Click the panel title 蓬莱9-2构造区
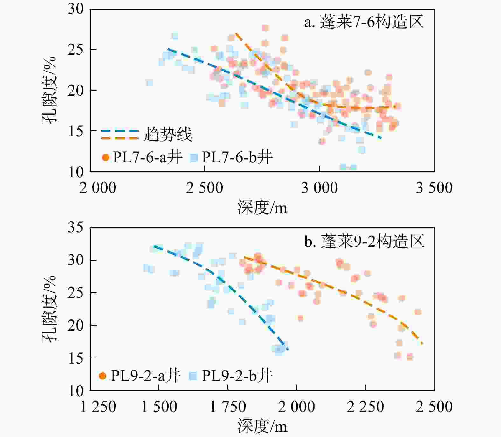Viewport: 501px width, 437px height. tap(365, 242)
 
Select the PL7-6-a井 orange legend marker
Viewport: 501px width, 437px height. tap(106, 157)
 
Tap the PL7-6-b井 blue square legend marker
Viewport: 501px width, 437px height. tap(194, 157)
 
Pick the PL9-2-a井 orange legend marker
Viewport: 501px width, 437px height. tap(102, 376)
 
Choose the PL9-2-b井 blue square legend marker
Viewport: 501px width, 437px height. tap(193, 376)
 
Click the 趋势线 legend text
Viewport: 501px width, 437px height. tap(168, 135)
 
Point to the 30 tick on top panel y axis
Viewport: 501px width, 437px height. tap(76, 9)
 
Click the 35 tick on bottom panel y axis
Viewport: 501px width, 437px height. tap(76, 228)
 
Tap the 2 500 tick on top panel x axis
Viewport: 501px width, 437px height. tap(205, 188)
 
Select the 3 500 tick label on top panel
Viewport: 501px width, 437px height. tap(434, 188)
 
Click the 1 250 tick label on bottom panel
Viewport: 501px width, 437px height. tap(98, 407)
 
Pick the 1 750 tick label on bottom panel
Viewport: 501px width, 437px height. tap(228, 407)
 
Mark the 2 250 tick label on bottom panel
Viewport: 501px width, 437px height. tap(365, 407)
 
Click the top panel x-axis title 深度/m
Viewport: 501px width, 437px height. tap(262, 208)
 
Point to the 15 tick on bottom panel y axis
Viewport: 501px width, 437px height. tap(76, 358)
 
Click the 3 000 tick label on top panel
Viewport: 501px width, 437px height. tap(319, 188)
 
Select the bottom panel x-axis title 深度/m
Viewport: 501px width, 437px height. tap(262, 427)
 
